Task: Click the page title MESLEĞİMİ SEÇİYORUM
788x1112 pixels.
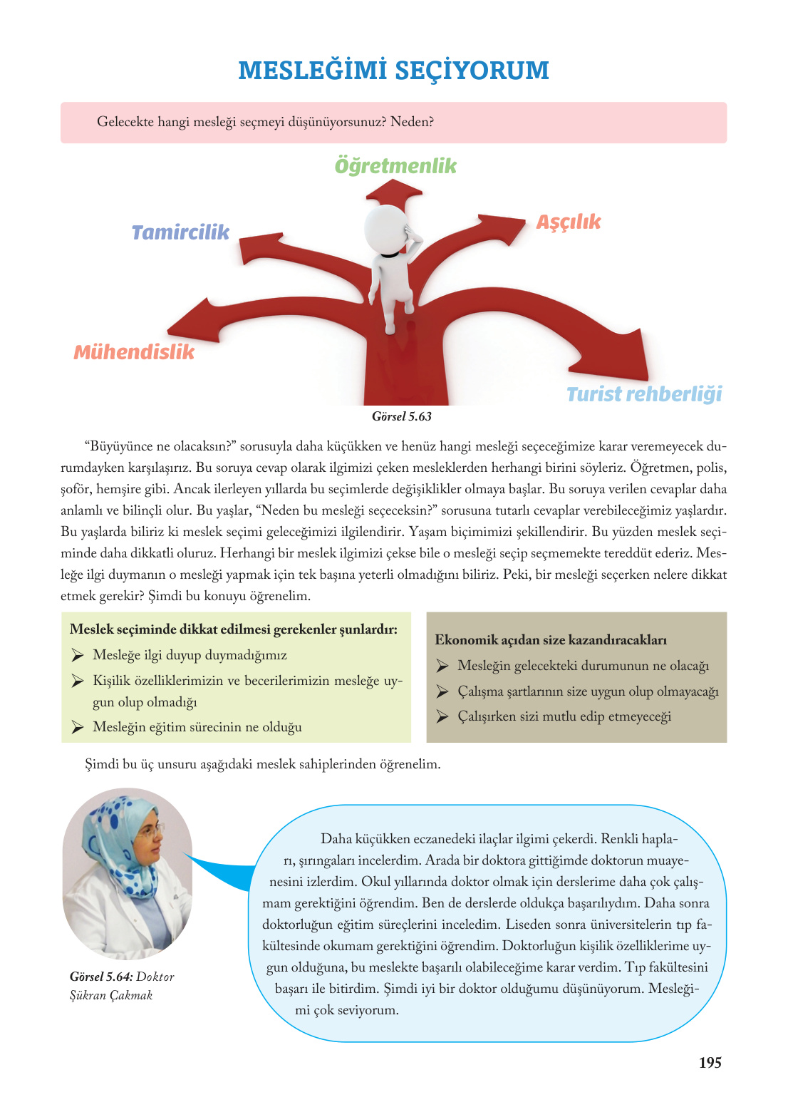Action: [x=393, y=71]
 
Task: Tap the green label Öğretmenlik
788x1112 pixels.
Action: [x=395, y=166]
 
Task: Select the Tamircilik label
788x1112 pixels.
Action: [x=180, y=232]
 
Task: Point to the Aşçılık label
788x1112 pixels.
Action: [x=568, y=222]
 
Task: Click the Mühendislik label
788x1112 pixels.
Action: [x=134, y=352]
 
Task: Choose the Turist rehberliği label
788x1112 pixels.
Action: [x=643, y=394]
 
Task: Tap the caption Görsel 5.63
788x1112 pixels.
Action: [x=402, y=416]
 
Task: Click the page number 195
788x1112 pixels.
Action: [x=710, y=1063]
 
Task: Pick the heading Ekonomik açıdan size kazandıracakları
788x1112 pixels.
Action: [x=550, y=639]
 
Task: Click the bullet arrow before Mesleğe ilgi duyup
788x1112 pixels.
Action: [x=78, y=655]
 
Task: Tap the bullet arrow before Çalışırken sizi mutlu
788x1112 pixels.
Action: [x=442, y=716]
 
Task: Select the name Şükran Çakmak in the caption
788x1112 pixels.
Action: [x=111, y=995]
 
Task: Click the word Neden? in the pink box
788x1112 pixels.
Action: [x=412, y=122]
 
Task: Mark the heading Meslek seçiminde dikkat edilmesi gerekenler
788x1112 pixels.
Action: [x=233, y=629]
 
